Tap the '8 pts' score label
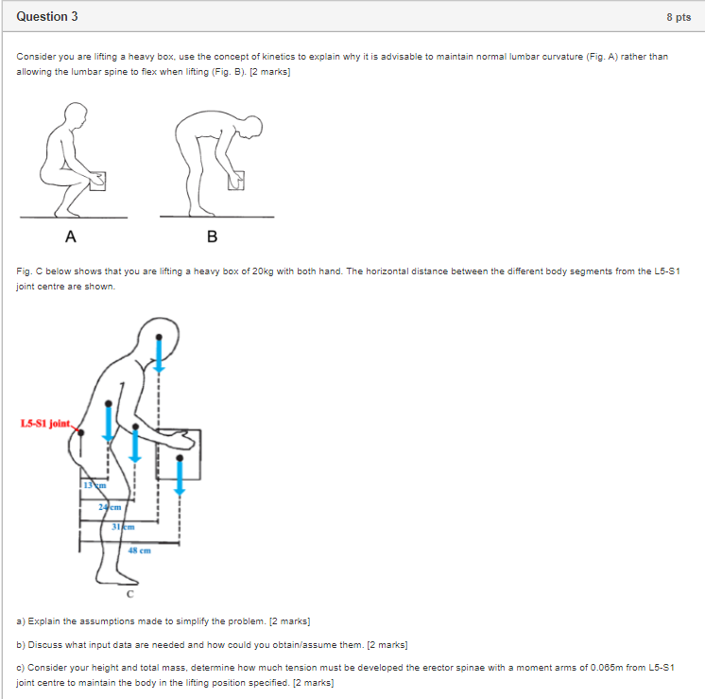678,17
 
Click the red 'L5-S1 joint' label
46,423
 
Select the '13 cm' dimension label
92,485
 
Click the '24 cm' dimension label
109,507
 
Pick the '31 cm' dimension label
123,527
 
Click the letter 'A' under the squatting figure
71,236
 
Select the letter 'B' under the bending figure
212,236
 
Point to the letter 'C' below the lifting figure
130,595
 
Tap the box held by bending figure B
238,179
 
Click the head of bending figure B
252,126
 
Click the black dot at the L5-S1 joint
80,432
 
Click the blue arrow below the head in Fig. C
159,357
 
